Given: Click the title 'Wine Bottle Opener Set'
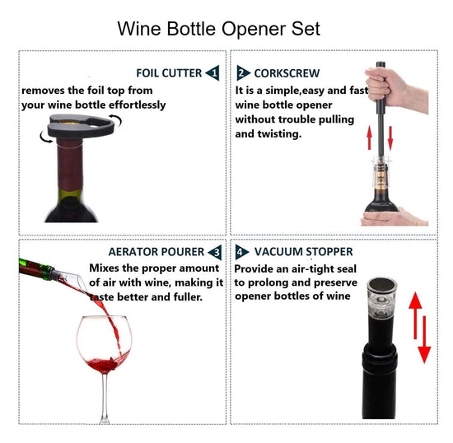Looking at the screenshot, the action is point(219,29).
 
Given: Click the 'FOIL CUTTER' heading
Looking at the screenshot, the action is point(169,73).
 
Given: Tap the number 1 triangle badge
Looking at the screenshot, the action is point(212,73).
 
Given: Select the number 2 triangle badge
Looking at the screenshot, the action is point(243,72).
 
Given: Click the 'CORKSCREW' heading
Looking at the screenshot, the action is point(287,73).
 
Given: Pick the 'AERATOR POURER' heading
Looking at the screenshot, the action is point(156,252).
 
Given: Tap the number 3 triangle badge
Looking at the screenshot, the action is point(215,252).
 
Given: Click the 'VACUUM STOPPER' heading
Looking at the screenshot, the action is point(303,251).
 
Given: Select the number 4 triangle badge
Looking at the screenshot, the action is point(241,252).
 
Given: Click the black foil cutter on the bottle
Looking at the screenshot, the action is point(81,126).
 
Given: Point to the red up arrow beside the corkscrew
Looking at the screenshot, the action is point(369,138).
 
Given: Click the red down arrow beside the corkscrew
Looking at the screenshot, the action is point(390,138).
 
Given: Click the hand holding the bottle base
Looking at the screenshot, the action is point(393,217).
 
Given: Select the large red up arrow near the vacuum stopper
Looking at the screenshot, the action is point(415,315).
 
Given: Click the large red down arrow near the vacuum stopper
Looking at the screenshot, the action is point(424,339).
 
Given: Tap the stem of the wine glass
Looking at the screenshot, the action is point(105,397).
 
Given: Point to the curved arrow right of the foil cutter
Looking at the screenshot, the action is point(116,120).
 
